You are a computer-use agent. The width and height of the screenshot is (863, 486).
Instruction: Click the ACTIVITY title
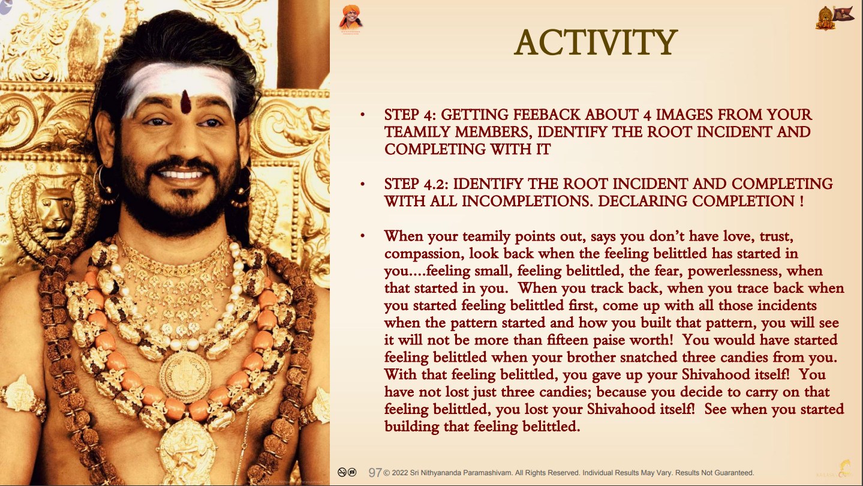[x=596, y=43]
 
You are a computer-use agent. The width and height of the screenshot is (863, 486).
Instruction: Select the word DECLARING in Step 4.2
[x=639, y=201]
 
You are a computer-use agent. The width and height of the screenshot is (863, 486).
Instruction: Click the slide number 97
[x=375, y=473]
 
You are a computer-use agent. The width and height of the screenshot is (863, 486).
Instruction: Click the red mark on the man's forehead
[x=186, y=102]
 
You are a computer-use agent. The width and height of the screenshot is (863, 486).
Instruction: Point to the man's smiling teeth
[x=181, y=175]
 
